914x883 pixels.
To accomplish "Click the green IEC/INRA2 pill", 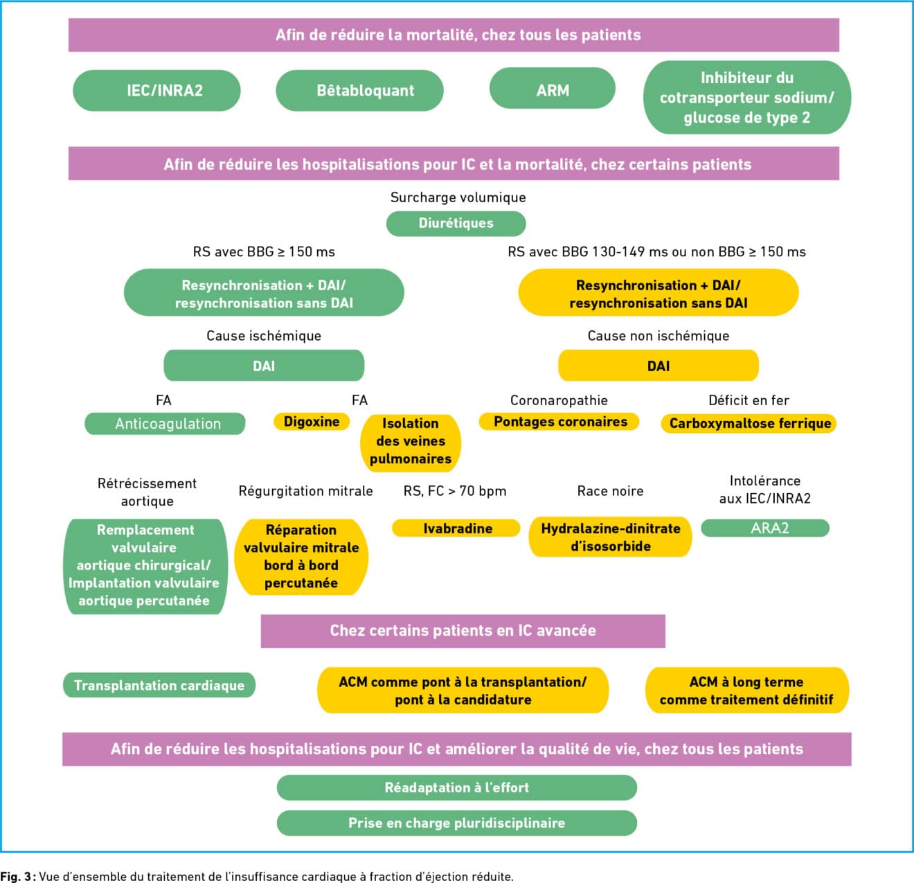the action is [x=156, y=90].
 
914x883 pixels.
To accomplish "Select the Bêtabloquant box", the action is [x=359, y=90].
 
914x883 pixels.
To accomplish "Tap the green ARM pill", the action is [x=553, y=88].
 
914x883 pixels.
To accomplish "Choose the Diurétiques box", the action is [x=456, y=224].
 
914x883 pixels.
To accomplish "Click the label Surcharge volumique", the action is [x=458, y=197].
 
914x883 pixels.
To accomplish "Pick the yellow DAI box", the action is [x=658, y=366].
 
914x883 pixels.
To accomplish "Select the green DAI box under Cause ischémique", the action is [x=264, y=366].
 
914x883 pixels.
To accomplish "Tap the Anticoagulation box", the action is [x=165, y=424].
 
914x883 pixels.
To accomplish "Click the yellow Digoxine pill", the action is [x=312, y=421].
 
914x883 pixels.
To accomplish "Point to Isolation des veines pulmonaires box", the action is [x=411, y=443].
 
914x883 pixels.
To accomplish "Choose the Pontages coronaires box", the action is [x=559, y=421].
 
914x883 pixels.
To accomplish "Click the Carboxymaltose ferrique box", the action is [x=749, y=423].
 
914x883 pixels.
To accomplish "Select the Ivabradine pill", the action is [x=456, y=528].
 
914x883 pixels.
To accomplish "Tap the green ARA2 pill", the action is [x=765, y=528].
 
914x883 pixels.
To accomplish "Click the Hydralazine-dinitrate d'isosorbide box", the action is [x=610, y=537].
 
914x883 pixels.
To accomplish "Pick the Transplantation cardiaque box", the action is [x=159, y=685].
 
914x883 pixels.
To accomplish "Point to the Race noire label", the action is [x=610, y=491].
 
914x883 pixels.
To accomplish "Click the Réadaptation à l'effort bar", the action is [x=456, y=787].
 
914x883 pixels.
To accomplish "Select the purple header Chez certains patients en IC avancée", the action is [x=463, y=631].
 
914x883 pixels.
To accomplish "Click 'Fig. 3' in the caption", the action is [x=15, y=877].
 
